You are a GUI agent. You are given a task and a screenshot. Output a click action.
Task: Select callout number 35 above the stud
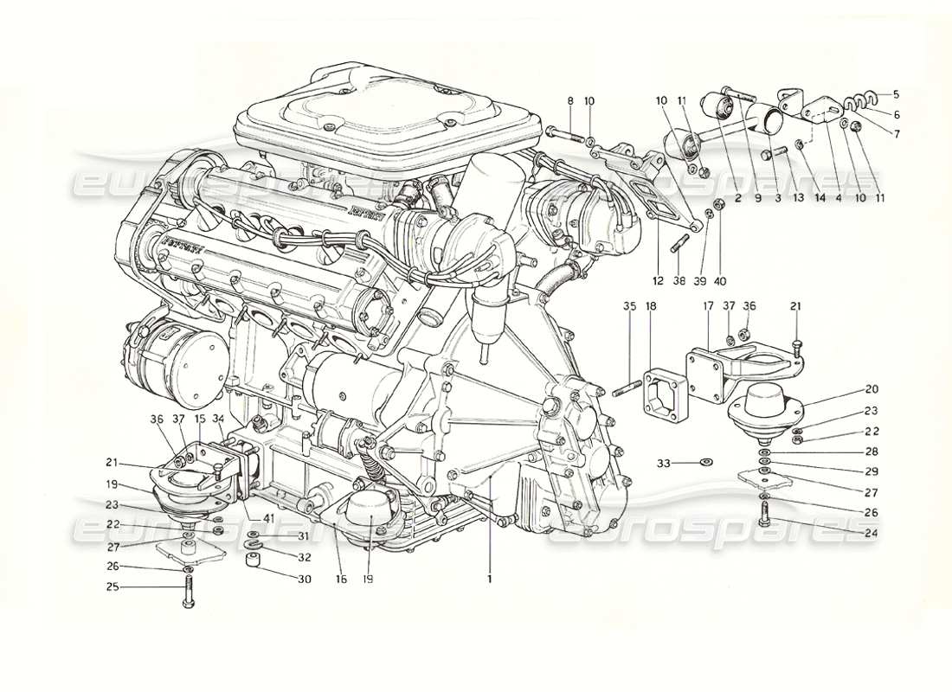[x=629, y=305]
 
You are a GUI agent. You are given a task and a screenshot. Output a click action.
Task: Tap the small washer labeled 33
[x=705, y=464]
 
